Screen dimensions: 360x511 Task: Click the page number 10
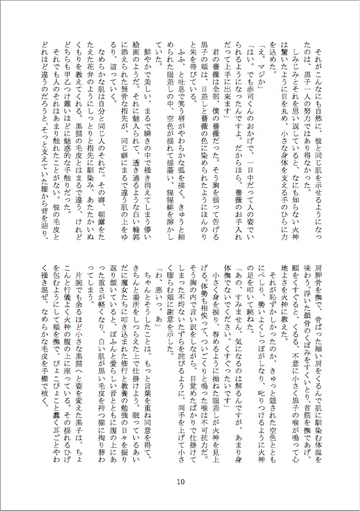[180, 482]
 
